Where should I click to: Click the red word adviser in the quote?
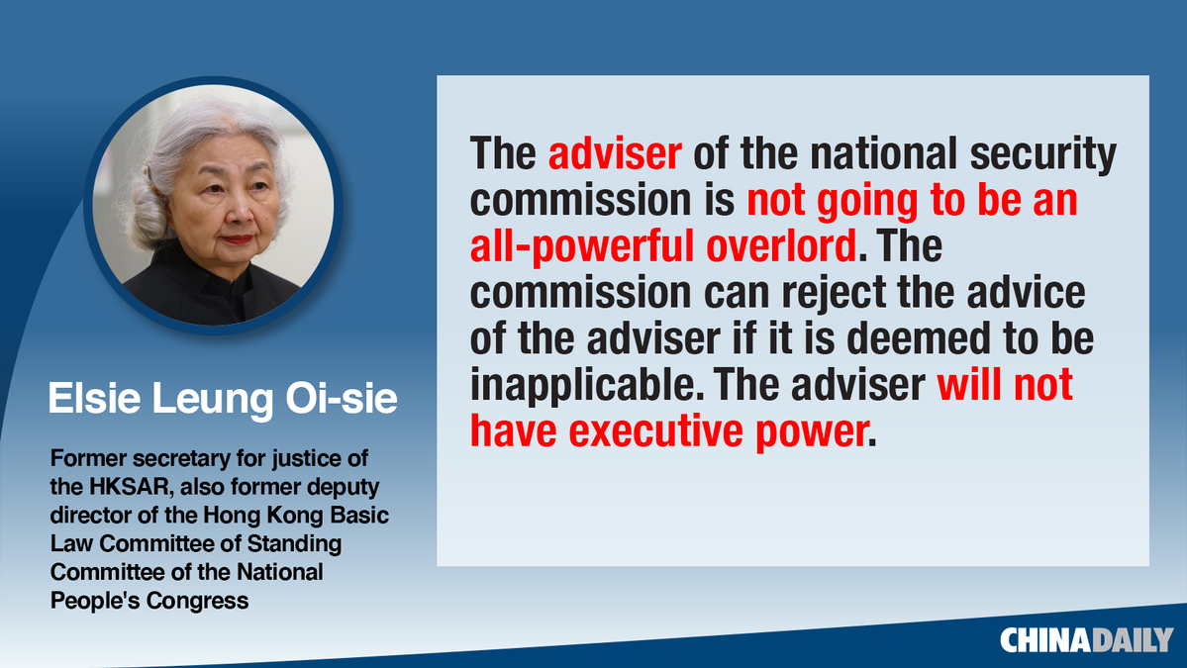click(x=615, y=153)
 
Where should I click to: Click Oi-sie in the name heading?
click(x=341, y=398)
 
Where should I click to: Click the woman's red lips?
click(x=237, y=239)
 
